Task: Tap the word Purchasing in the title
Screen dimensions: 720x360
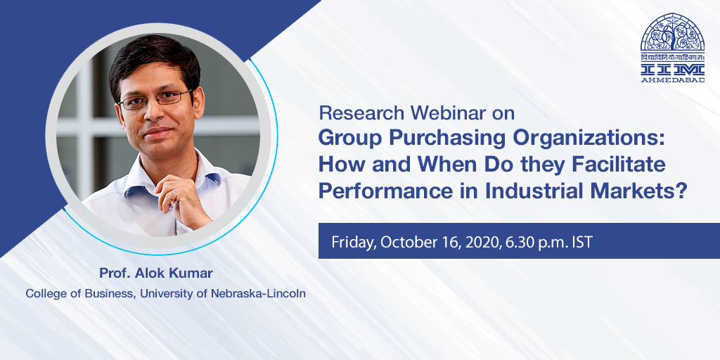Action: click(x=422, y=138)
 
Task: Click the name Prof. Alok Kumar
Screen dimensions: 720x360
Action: click(x=156, y=274)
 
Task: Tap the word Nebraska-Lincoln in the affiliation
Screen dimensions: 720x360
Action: click(x=258, y=293)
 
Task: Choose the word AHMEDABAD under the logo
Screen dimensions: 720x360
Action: click(x=673, y=80)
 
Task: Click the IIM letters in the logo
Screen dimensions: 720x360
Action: click(x=673, y=70)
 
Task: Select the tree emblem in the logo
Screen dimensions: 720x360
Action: click(x=673, y=32)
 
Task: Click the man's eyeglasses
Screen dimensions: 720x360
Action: click(x=154, y=100)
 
